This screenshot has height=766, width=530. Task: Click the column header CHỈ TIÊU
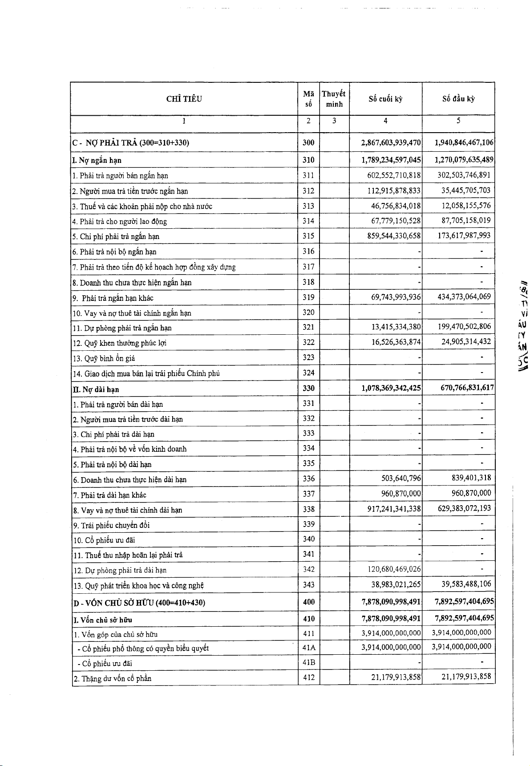(184, 99)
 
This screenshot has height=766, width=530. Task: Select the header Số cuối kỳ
(385, 99)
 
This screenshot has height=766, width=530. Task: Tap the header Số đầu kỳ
(458, 99)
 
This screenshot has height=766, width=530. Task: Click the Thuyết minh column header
(334, 99)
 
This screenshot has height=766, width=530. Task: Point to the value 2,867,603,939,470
(391, 143)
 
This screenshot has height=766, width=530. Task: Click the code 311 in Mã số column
(308, 175)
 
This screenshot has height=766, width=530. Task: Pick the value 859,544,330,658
(394, 236)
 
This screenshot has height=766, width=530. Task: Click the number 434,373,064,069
(464, 297)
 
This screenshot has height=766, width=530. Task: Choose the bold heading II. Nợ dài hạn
(96, 389)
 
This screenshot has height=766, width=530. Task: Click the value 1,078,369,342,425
(391, 388)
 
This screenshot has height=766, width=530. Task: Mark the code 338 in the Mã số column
(308, 509)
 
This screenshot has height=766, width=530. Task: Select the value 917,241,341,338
(394, 509)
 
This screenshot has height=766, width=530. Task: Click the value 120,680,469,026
(394, 569)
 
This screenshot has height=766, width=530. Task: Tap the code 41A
(308, 648)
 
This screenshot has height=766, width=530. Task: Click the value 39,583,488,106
(466, 584)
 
